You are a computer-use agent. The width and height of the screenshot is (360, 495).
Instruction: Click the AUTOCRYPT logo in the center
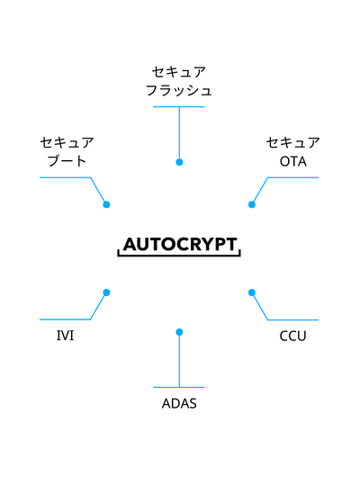[x=179, y=247]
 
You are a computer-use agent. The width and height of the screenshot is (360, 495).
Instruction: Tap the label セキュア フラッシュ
[x=179, y=81]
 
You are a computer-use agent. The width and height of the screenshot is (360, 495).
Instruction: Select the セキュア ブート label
[x=67, y=151]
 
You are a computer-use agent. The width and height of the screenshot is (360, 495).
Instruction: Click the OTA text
[x=293, y=161]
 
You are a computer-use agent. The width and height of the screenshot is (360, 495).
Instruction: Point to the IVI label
[x=65, y=336]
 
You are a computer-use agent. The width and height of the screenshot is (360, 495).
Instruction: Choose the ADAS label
[x=179, y=403]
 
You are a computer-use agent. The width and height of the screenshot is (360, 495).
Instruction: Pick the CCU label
[x=292, y=336]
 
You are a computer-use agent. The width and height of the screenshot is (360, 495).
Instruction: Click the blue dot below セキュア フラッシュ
[x=179, y=162]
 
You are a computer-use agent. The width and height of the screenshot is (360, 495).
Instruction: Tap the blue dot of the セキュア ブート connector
[x=107, y=204]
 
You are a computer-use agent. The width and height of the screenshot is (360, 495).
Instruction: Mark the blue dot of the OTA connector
[x=252, y=204]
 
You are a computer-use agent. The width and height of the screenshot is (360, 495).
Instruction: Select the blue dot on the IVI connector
[x=107, y=292]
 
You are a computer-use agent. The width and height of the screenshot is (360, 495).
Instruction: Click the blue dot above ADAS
[x=179, y=332]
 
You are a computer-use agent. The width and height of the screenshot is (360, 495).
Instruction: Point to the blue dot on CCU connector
[x=252, y=292]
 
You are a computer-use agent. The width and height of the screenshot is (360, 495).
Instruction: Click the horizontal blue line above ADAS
[x=179, y=387]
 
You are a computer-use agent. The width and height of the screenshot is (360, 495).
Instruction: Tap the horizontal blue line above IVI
[x=65, y=319]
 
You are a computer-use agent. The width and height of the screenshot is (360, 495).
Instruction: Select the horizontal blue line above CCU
[x=293, y=319]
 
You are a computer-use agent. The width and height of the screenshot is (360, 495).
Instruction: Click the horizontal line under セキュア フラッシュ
[x=179, y=107]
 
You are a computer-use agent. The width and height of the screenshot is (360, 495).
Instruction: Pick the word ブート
[x=67, y=161]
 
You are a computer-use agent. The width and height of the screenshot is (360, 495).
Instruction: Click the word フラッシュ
[x=179, y=90]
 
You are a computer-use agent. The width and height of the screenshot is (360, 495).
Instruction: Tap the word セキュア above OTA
[x=293, y=143]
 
